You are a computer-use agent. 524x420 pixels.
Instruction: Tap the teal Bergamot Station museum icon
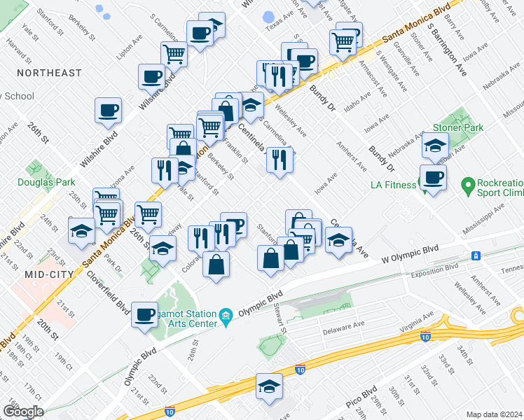(x=226, y=318)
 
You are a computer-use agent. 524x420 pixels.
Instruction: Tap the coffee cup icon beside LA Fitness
(x=433, y=178)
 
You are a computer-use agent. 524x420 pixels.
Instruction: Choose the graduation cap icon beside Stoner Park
(x=435, y=146)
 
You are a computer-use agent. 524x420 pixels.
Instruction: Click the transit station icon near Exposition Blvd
(x=476, y=256)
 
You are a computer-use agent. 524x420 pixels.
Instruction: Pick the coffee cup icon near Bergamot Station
(x=145, y=314)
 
